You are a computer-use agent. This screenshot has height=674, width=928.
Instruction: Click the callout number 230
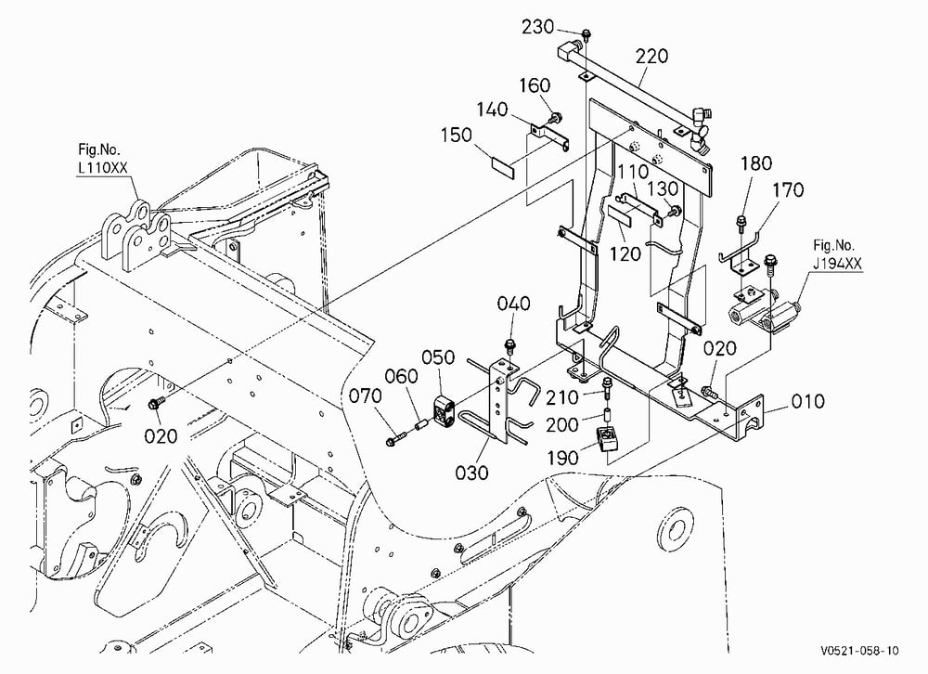point(537,27)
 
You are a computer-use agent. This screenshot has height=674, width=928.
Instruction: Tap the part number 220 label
point(652,57)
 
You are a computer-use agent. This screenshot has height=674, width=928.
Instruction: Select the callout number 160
point(535,85)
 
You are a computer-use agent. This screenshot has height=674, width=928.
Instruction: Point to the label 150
point(457,135)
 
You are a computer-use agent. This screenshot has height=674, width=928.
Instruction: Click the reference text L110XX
point(103,168)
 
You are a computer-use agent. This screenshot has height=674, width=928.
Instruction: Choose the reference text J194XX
point(837,264)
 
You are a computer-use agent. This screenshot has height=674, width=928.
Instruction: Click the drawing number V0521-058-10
point(859,651)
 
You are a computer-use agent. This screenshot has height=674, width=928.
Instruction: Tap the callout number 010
point(808,402)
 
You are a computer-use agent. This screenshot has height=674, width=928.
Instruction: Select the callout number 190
point(562,458)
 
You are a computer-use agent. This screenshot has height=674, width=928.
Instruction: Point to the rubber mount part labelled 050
point(445,411)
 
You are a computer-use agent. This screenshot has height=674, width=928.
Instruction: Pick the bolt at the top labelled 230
point(586,34)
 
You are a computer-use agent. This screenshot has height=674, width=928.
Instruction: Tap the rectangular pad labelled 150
point(502,166)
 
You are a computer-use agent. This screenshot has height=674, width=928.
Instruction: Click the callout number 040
point(514,304)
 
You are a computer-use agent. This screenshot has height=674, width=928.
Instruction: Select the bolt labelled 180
point(741,224)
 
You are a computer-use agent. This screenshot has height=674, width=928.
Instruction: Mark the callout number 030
point(471,473)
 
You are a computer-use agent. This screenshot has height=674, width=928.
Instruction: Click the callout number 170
point(788,190)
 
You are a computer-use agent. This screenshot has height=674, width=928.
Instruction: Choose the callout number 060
point(401,376)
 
